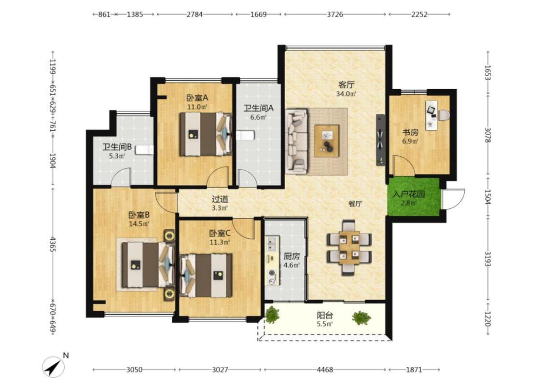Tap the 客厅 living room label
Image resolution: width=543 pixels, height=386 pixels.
tap(346, 85)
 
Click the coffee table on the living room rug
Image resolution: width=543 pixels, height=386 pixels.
tap(327, 141)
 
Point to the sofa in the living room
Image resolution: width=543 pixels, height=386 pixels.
tap(296, 141)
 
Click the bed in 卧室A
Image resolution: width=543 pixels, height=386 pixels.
tap(205, 134)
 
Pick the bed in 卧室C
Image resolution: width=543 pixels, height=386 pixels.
tap(206, 276)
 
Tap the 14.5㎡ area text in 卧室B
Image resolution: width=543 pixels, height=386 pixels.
tap(139, 223)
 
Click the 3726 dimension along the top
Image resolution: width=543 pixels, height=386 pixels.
tap(335, 14)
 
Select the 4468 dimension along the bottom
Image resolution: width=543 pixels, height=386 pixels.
tap(325, 370)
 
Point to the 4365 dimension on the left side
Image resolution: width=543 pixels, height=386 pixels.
tap(53, 245)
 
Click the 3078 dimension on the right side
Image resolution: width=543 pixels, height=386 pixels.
tap(487, 136)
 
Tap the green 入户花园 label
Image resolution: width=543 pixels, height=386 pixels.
tap(409, 194)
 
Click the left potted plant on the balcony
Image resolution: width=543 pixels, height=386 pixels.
tap(272, 314)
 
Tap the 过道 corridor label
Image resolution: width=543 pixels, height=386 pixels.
tap(220, 199)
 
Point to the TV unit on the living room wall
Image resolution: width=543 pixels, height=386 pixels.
tap(380, 140)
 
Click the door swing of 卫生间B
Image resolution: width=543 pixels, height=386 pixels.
tap(121, 177)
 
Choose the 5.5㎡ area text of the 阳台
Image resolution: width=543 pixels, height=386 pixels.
tap(325, 324)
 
